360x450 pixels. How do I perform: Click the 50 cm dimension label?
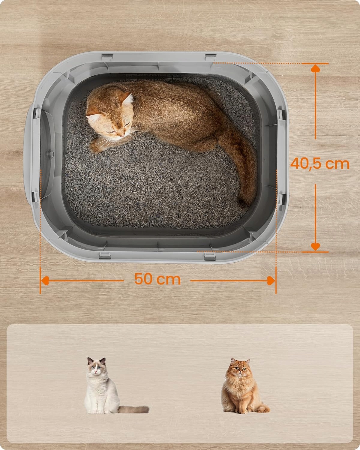157,279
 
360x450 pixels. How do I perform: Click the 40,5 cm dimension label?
320,163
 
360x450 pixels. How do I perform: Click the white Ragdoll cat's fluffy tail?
134,409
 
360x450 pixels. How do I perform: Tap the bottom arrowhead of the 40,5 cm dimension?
315,247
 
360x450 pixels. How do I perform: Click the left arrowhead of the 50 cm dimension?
45,280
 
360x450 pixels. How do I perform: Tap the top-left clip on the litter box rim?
107,57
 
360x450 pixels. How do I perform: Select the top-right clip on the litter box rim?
210,57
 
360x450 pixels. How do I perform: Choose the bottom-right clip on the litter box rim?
210,256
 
